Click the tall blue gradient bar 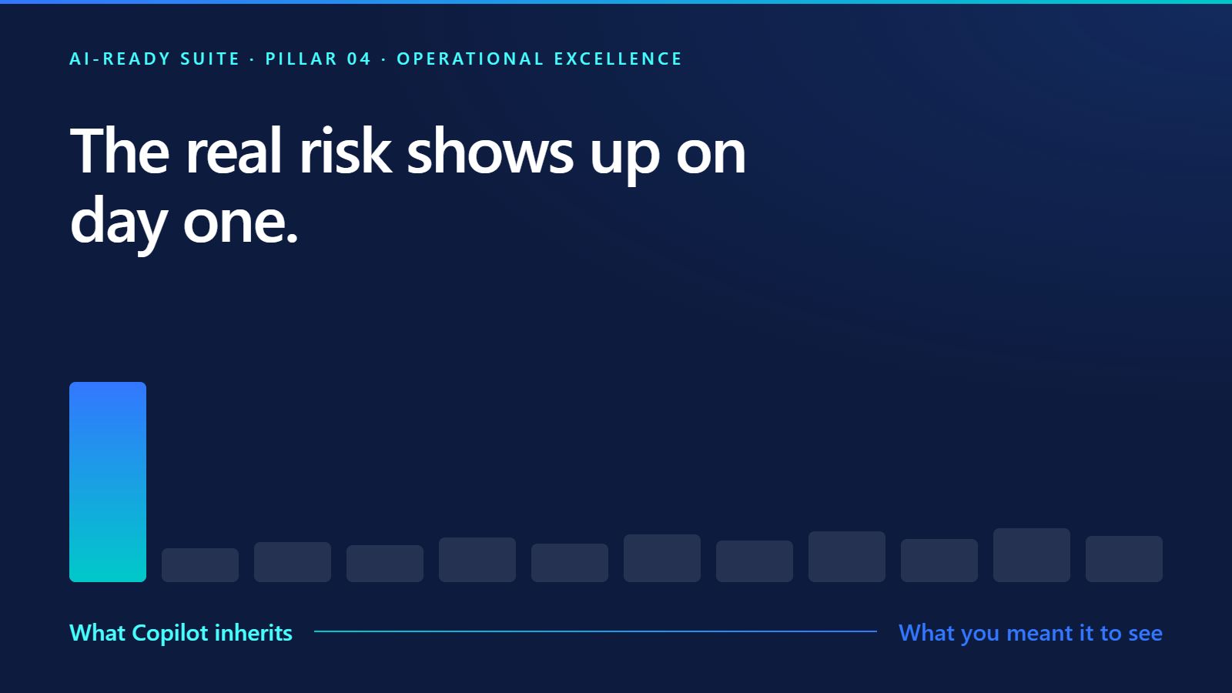(x=108, y=482)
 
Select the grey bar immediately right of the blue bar (x=200, y=565)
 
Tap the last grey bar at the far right (x=1124, y=559)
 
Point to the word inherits (x=253, y=632)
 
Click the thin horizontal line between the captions (x=595, y=631)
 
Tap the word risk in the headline (x=345, y=151)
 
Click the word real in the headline (x=233, y=151)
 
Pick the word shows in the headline (x=490, y=151)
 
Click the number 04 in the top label (x=359, y=59)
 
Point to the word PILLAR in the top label (x=301, y=59)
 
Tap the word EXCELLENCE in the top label (x=618, y=59)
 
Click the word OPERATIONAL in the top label (x=470, y=59)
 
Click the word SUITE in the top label (x=210, y=59)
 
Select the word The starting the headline (x=119, y=151)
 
